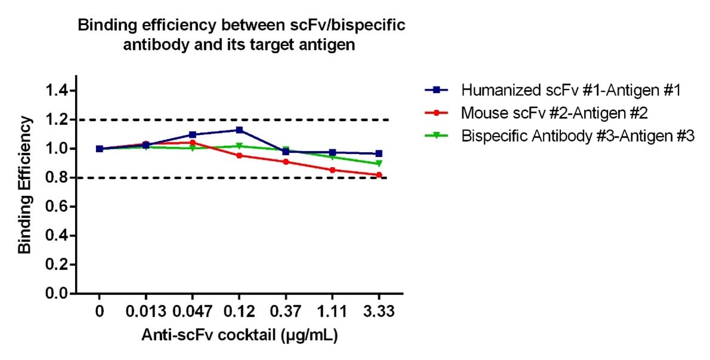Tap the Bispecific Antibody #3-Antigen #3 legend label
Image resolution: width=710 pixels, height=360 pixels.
click(x=578, y=135)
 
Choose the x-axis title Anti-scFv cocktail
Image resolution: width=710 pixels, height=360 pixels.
click(x=239, y=336)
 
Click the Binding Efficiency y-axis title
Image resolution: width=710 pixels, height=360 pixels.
click(x=24, y=185)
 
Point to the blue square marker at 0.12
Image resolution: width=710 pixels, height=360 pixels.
click(x=239, y=130)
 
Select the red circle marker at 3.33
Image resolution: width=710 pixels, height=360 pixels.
click(x=378, y=175)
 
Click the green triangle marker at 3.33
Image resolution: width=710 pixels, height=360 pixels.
click(x=378, y=164)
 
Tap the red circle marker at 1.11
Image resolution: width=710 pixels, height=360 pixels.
click(x=332, y=170)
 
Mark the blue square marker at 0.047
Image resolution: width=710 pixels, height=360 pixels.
click(x=192, y=135)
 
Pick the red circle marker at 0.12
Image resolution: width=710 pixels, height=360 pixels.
click(x=239, y=156)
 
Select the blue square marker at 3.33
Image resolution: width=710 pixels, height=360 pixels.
click(x=378, y=154)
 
